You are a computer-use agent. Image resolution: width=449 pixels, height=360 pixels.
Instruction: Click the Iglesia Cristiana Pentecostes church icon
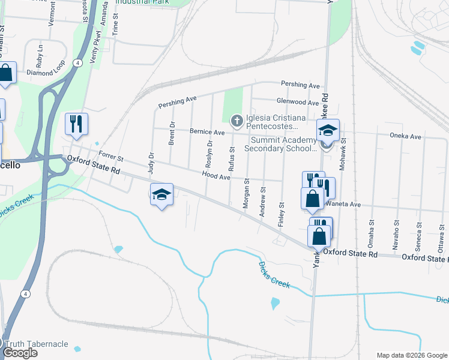237,122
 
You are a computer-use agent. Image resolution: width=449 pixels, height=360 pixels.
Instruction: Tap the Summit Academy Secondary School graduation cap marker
328,131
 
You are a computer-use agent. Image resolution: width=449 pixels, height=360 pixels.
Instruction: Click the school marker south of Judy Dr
161,194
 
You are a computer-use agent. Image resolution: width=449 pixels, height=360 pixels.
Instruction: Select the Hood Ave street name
216,176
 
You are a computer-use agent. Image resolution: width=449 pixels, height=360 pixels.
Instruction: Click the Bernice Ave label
206,132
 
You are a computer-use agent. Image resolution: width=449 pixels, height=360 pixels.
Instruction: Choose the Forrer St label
110,157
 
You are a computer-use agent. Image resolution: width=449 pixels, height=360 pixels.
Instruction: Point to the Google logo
20,352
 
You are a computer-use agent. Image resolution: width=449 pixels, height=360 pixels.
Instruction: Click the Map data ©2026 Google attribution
411,355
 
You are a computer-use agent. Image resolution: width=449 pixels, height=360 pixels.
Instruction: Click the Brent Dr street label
172,133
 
